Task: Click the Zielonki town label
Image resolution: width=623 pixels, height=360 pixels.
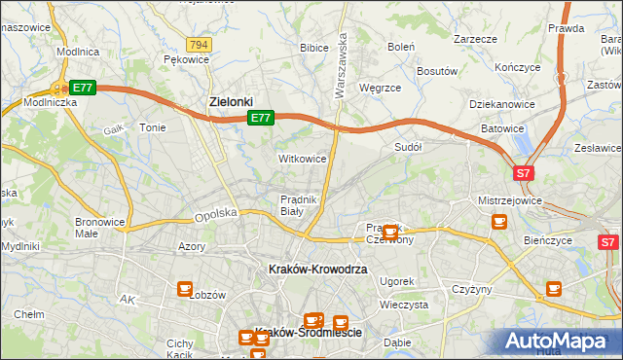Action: click(232, 100)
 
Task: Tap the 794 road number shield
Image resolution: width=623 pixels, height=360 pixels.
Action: click(200, 45)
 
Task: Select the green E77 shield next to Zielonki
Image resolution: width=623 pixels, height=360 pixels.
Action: click(259, 118)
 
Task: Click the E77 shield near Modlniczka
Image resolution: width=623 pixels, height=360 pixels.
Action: click(82, 88)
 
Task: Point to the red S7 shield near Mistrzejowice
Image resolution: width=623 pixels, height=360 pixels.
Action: click(524, 173)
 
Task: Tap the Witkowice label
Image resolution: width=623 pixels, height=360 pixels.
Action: click(302, 158)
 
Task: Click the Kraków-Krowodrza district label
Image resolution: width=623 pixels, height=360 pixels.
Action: click(318, 269)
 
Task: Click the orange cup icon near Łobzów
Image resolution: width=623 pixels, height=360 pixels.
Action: click(185, 288)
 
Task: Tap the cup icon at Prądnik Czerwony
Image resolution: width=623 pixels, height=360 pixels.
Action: click(390, 233)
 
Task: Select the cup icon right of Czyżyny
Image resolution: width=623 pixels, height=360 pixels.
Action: click(554, 288)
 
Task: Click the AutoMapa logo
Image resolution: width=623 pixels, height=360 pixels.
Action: click(559, 341)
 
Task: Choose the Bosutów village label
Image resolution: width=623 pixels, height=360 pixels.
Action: click(437, 71)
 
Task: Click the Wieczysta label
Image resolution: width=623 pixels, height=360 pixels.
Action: click(404, 305)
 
